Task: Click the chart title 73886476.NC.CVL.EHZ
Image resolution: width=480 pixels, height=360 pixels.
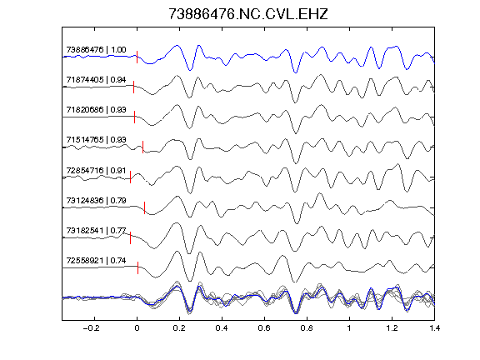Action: click(248, 14)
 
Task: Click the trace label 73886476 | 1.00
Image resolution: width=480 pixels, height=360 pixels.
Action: click(96, 50)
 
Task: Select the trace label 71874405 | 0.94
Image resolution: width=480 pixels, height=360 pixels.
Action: click(96, 80)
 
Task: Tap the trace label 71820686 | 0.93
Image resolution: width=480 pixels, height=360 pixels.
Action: click(96, 110)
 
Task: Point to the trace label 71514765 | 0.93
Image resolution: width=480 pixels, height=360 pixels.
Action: click(96, 140)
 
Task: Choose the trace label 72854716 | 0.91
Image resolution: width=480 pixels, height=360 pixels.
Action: click(96, 170)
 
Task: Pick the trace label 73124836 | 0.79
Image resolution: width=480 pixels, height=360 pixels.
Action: click(96, 201)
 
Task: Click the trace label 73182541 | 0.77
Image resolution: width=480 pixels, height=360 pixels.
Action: click(96, 231)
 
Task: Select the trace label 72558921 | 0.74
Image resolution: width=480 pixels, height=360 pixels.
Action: click(96, 261)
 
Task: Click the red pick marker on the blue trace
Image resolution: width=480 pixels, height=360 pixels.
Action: click(137, 57)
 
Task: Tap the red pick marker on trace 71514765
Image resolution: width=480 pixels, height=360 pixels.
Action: click(143, 147)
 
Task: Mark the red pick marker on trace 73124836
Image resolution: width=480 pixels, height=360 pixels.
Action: click(145, 207)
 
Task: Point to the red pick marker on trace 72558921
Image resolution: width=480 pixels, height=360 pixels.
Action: click(138, 267)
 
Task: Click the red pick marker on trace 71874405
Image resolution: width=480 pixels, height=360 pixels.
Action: click(134, 87)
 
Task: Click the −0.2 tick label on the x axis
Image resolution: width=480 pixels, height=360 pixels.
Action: click(92, 328)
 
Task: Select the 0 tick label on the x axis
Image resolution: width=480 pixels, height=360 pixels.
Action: click(137, 328)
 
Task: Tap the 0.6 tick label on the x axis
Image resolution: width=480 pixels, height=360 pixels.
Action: click(264, 328)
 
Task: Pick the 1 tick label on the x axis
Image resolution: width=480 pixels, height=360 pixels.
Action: click(349, 328)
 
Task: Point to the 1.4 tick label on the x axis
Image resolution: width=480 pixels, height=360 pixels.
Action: click(434, 328)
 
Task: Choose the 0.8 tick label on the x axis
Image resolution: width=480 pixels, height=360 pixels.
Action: click(307, 328)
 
